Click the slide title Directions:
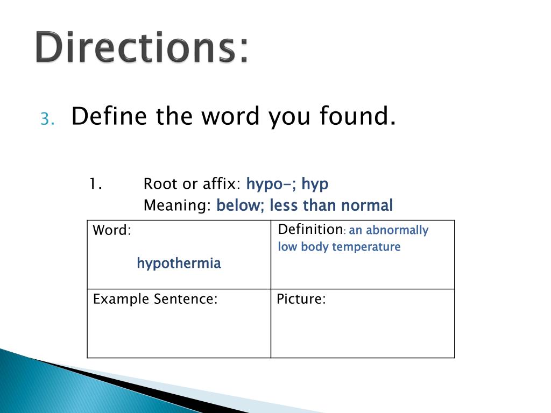coord(143,48)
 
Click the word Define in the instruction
coord(110,116)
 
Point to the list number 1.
coord(96,184)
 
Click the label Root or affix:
coord(192,184)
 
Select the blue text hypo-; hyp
coord(287,184)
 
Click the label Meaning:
coord(178,205)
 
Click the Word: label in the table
coord(112,231)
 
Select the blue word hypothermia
coord(179,264)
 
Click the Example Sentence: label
coord(155,300)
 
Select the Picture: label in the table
coord(301,300)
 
